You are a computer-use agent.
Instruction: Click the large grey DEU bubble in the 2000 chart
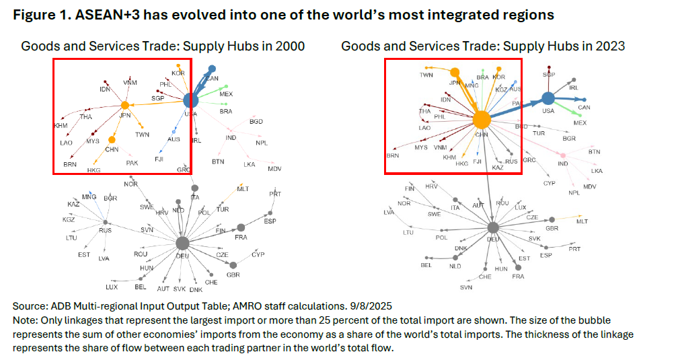[182, 243]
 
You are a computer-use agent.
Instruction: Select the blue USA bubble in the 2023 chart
[548, 99]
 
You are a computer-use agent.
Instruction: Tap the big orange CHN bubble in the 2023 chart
[482, 120]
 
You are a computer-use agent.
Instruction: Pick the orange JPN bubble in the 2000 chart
[124, 105]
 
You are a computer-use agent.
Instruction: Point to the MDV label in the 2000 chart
[275, 168]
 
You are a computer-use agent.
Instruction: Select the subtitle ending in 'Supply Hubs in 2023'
[483, 46]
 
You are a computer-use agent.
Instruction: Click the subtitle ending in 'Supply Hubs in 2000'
[163, 46]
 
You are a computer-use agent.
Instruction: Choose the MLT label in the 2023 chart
[582, 221]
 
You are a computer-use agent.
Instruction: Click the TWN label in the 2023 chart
[426, 75]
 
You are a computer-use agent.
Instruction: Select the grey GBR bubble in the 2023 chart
[552, 219]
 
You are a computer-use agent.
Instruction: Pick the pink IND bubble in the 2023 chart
[562, 155]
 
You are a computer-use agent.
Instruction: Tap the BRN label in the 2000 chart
[70, 164]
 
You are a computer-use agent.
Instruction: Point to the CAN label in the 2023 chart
[584, 108]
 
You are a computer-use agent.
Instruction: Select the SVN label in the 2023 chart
[466, 287]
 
